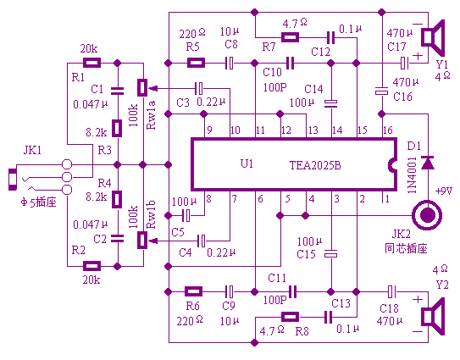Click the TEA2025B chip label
click(315, 165)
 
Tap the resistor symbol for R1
click(91, 63)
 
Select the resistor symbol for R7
click(290, 37)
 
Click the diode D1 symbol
click(428, 163)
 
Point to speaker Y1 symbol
click(433, 38)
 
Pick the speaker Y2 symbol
click(433, 317)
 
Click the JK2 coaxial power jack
click(427, 216)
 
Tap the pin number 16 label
click(388, 130)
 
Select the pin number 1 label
click(387, 199)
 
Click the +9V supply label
click(444, 191)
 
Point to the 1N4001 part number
click(413, 175)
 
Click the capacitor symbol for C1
click(118, 91)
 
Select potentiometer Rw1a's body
click(142, 87)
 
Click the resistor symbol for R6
click(194, 291)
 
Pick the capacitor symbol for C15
click(331, 254)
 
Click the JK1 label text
click(32, 150)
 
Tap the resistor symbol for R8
click(290, 317)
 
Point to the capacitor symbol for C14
click(331, 103)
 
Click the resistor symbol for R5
click(196, 63)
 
